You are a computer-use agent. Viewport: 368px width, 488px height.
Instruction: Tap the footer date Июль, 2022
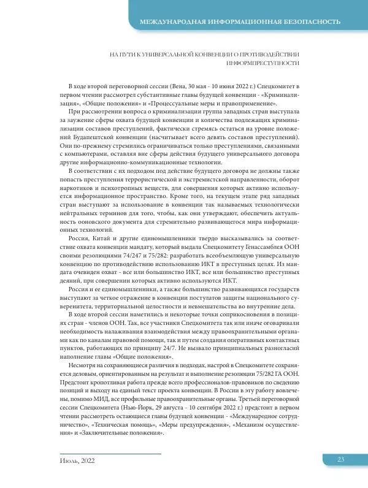[x=73, y=460]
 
